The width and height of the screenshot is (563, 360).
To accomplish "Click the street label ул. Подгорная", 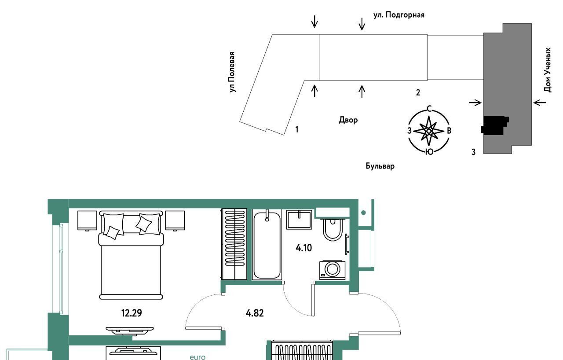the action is click(399, 15).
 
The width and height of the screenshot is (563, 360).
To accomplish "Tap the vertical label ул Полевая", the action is click(232, 72).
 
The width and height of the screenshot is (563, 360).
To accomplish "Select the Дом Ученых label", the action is click(548, 70).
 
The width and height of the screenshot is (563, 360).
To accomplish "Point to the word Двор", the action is click(348, 120).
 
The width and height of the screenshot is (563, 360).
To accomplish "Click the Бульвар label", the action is click(380, 166).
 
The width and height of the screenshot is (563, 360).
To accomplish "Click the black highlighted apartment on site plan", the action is click(494, 125).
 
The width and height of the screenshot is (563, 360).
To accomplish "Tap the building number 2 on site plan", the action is click(418, 92).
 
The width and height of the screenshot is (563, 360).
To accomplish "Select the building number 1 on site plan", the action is click(297, 129).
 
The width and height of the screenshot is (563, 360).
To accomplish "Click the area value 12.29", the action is click(132, 313).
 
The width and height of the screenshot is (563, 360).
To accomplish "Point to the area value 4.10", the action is click(303, 248).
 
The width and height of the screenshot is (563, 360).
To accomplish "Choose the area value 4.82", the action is click(255, 313).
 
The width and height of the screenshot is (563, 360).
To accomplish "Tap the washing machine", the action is click(332, 270).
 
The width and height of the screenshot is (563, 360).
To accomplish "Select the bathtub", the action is click(267, 245).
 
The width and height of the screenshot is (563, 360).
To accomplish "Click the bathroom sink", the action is click(299, 220).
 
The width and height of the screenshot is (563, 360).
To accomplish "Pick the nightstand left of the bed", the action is click(87, 220).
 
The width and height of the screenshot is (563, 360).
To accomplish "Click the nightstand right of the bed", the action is click(175, 220).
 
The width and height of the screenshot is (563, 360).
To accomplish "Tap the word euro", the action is click(197, 357).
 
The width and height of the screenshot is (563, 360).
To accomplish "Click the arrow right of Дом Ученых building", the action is click(539, 103).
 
